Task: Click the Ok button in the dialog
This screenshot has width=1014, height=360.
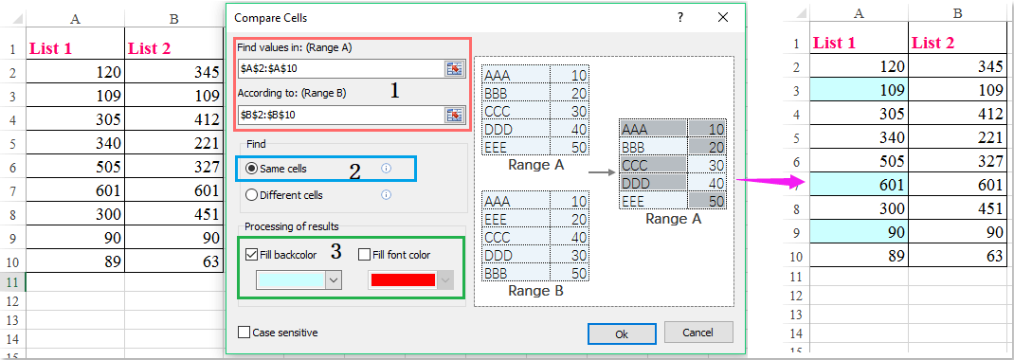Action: [622, 333]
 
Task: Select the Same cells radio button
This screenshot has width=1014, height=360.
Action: [252, 169]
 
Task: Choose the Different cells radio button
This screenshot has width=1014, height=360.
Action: [252, 195]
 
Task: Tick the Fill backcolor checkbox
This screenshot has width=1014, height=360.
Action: [251, 254]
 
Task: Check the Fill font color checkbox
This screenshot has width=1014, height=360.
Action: [365, 254]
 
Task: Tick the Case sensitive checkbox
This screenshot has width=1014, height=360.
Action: [245, 333]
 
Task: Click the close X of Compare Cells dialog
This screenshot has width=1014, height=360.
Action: [724, 17]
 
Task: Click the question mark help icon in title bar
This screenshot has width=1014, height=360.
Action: [680, 17]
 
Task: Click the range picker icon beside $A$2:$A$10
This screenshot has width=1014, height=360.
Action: [454, 68]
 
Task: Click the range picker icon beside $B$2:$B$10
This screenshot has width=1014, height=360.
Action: [454, 114]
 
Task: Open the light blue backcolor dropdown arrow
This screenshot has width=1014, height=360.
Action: [333, 280]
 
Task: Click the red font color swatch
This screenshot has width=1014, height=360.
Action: [402, 280]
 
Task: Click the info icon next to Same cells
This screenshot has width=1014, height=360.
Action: [386, 169]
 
